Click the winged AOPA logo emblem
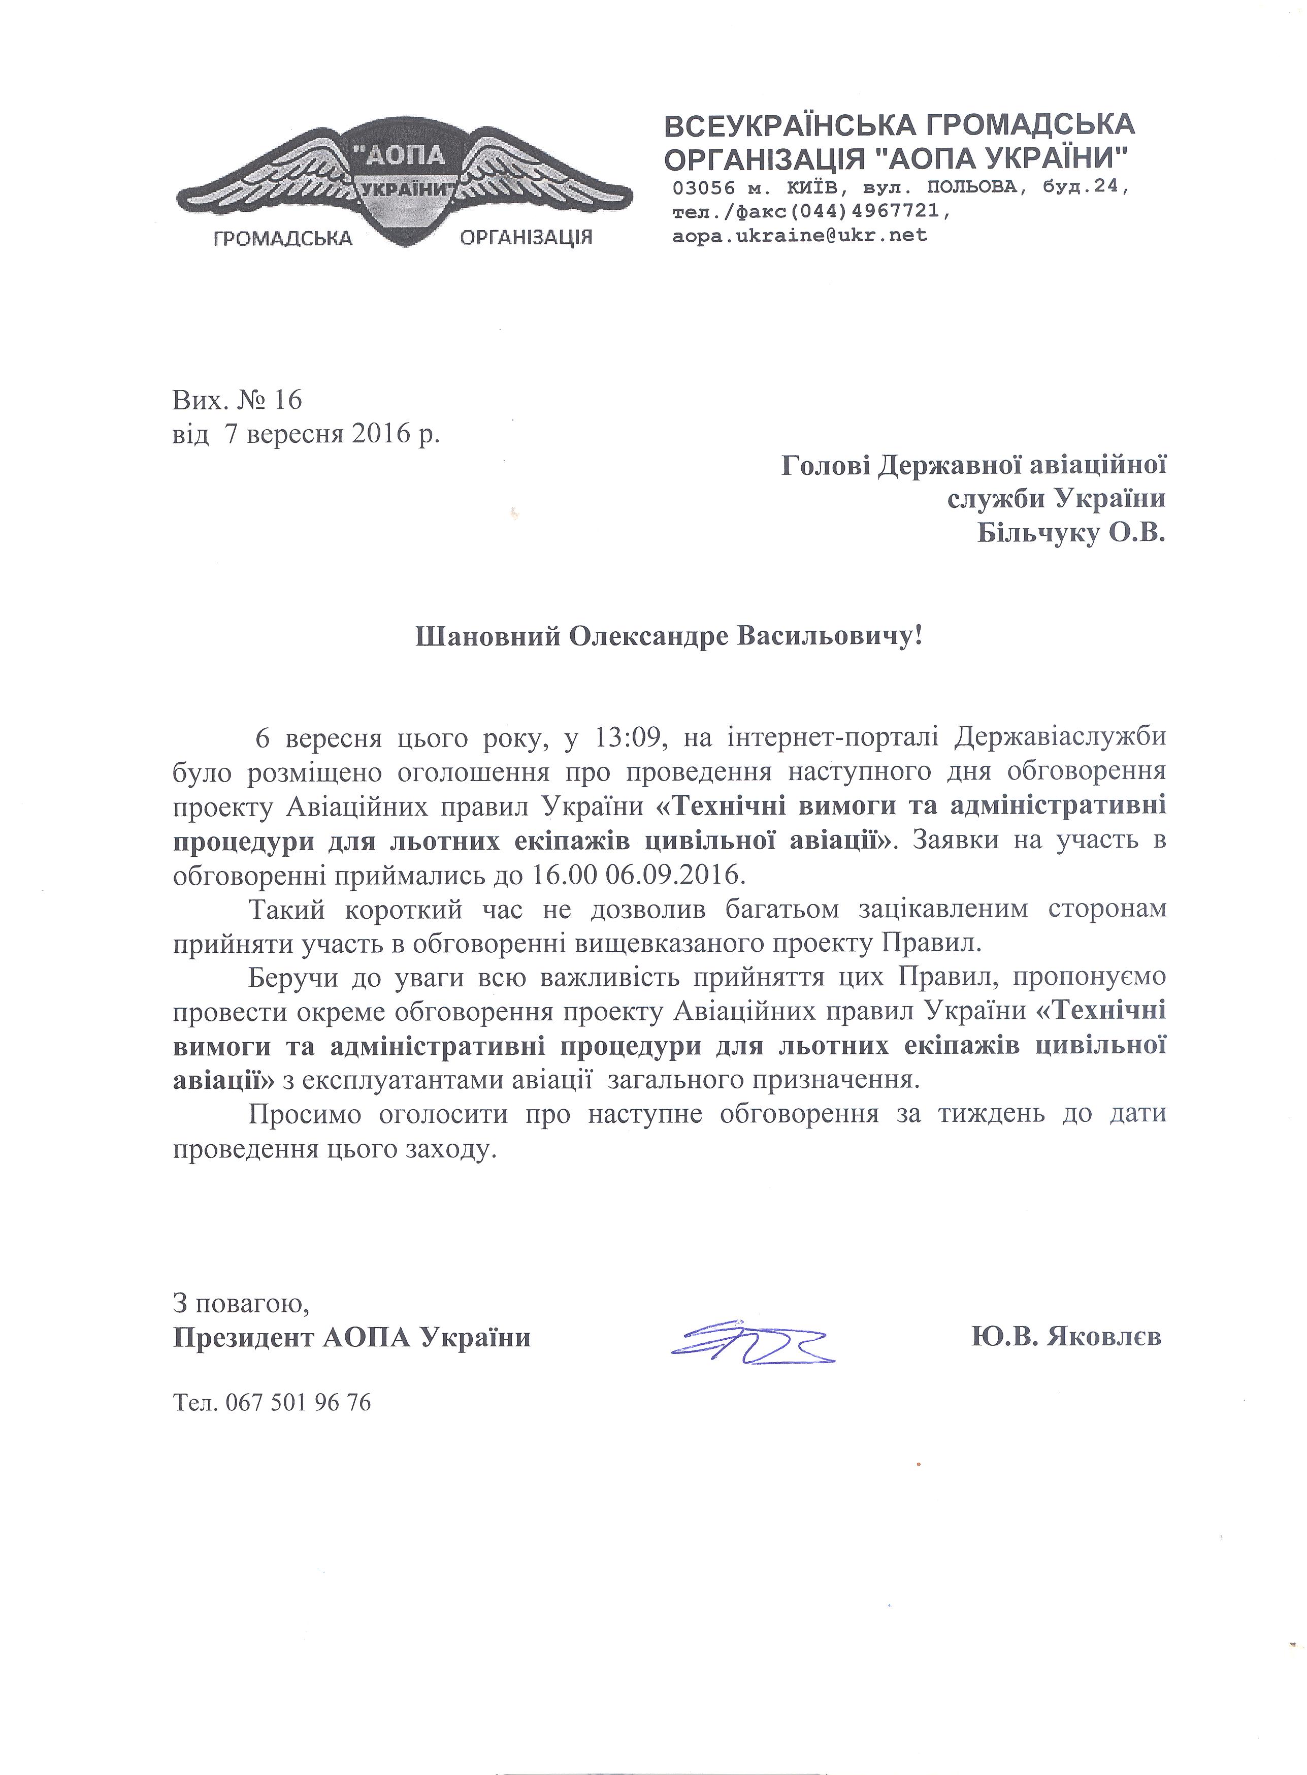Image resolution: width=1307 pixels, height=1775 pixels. pos(404,186)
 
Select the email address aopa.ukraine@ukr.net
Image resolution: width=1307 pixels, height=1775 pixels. pos(800,235)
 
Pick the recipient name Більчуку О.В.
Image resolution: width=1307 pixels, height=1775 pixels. pos(1072,534)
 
